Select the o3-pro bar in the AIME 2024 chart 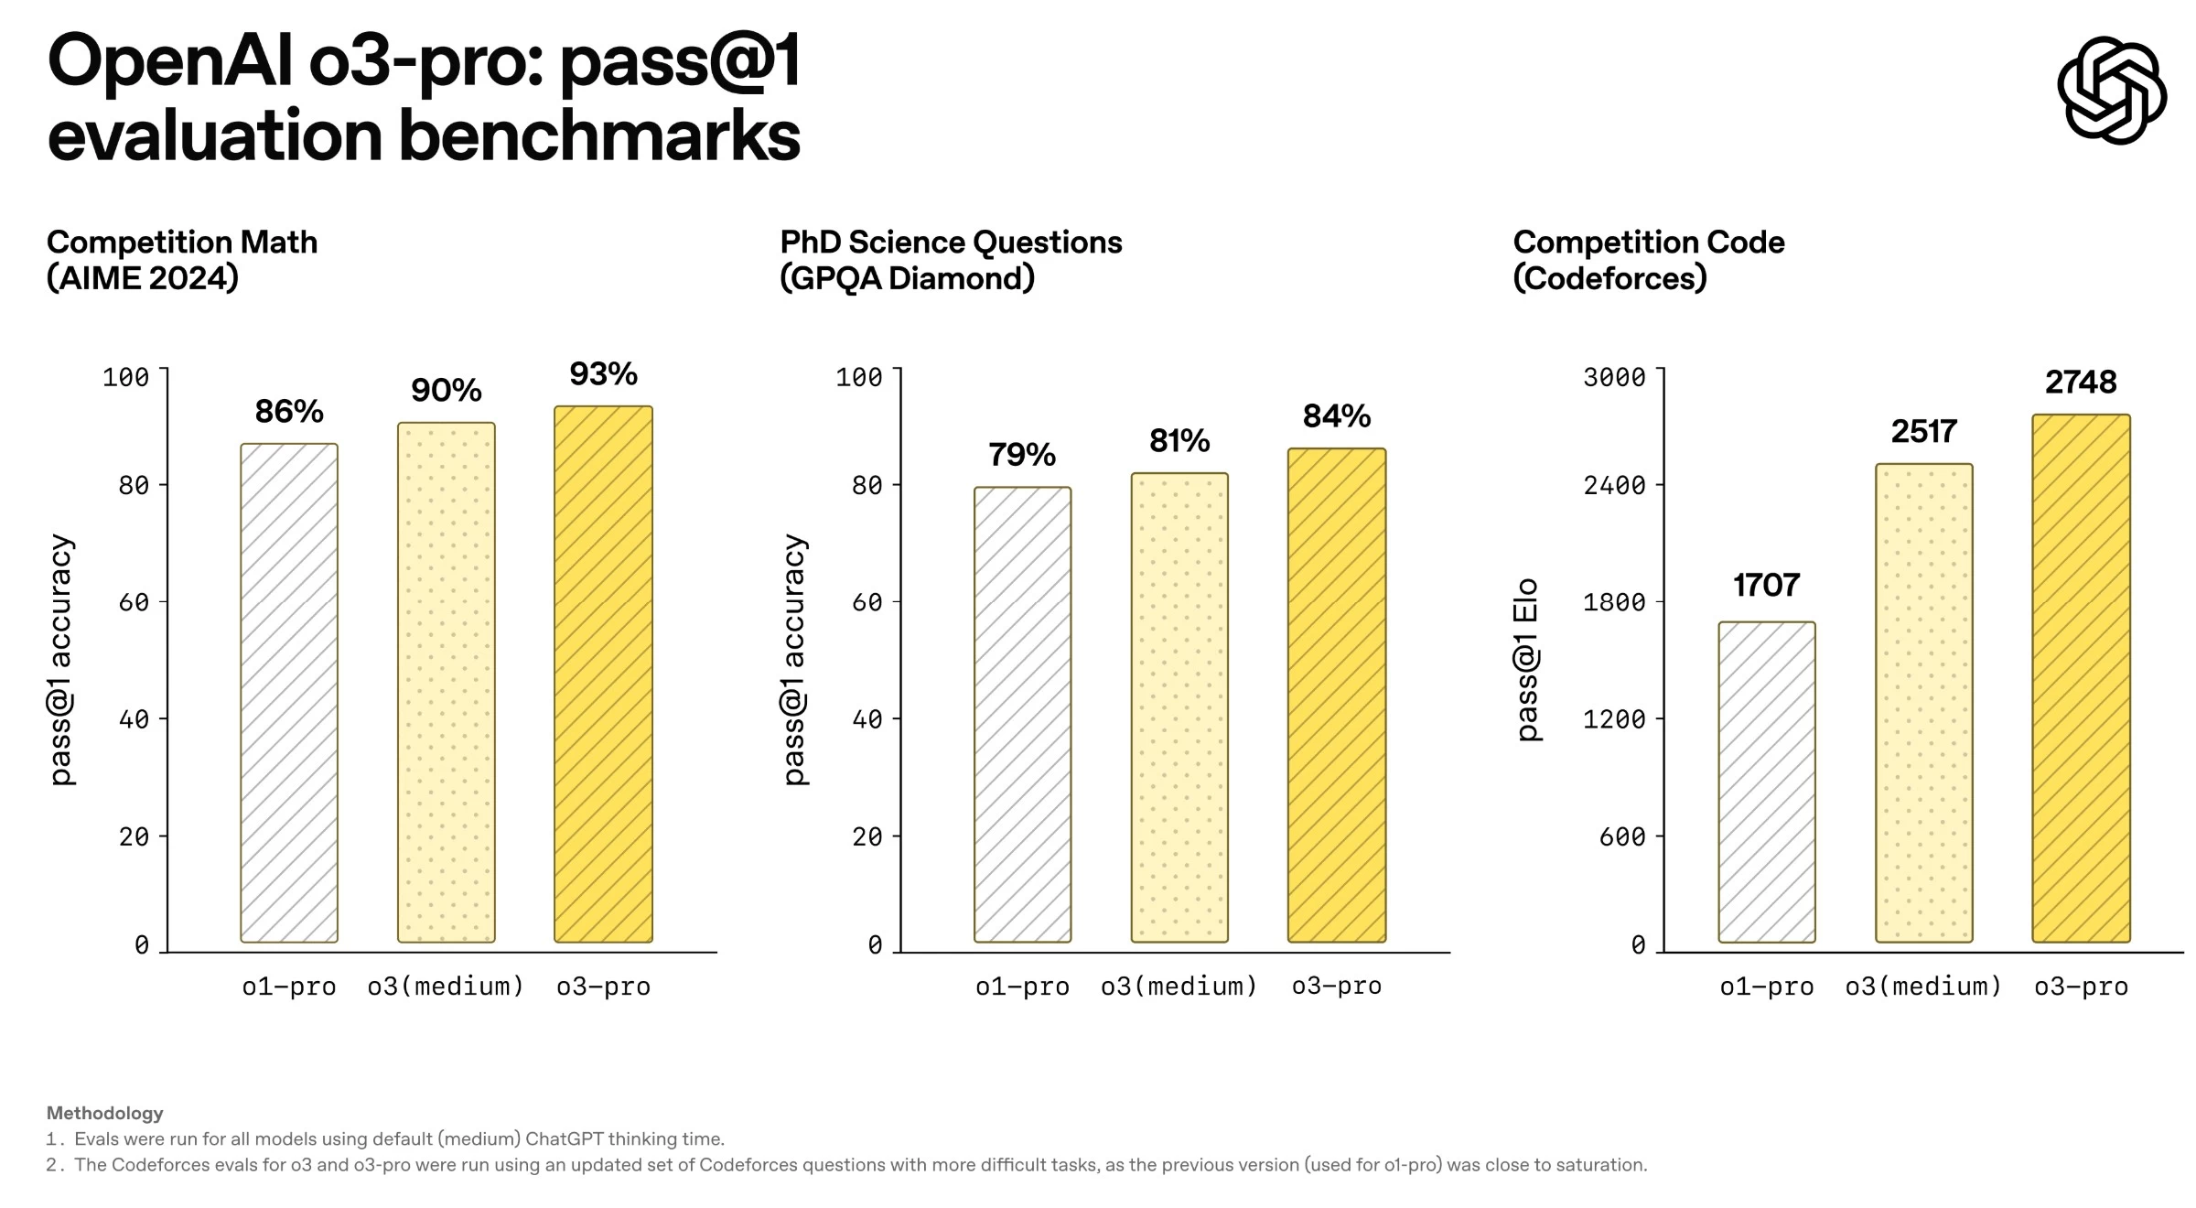point(603,674)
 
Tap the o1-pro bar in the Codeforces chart point(1766,782)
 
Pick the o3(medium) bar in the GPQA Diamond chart point(1179,707)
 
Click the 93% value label point(603,373)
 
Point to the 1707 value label point(1766,585)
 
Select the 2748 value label point(2081,382)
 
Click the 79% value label point(1021,454)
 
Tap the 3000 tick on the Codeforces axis point(1614,377)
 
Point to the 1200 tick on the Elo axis point(1614,719)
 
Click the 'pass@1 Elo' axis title point(1527,660)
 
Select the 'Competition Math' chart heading point(182,243)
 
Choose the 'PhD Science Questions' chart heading point(951,243)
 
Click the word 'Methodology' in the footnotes point(104,1113)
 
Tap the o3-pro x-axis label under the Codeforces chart point(2081,987)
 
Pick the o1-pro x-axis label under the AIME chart point(289,987)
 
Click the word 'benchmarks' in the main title point(599,137)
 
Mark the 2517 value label point(1923,431)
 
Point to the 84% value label point(1336,416)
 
